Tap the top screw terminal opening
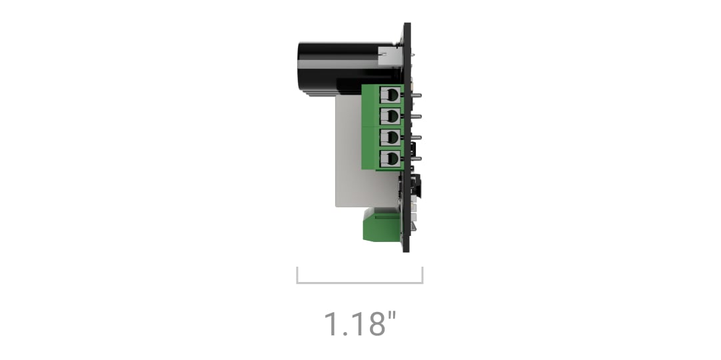390,95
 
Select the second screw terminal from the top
390,116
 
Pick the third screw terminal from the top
390,137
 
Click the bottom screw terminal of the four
390,159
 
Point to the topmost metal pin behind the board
415,95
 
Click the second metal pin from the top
415,117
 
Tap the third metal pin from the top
415,137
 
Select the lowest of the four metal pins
415,159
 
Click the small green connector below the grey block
382,224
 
